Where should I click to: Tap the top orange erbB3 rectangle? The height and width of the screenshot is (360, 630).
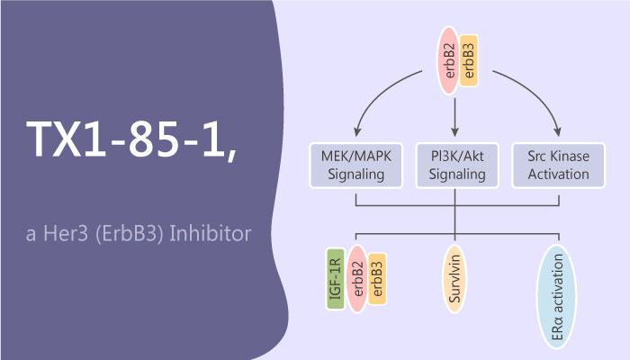pos(468,62)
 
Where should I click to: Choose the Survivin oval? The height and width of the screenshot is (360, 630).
pos(457,283)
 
